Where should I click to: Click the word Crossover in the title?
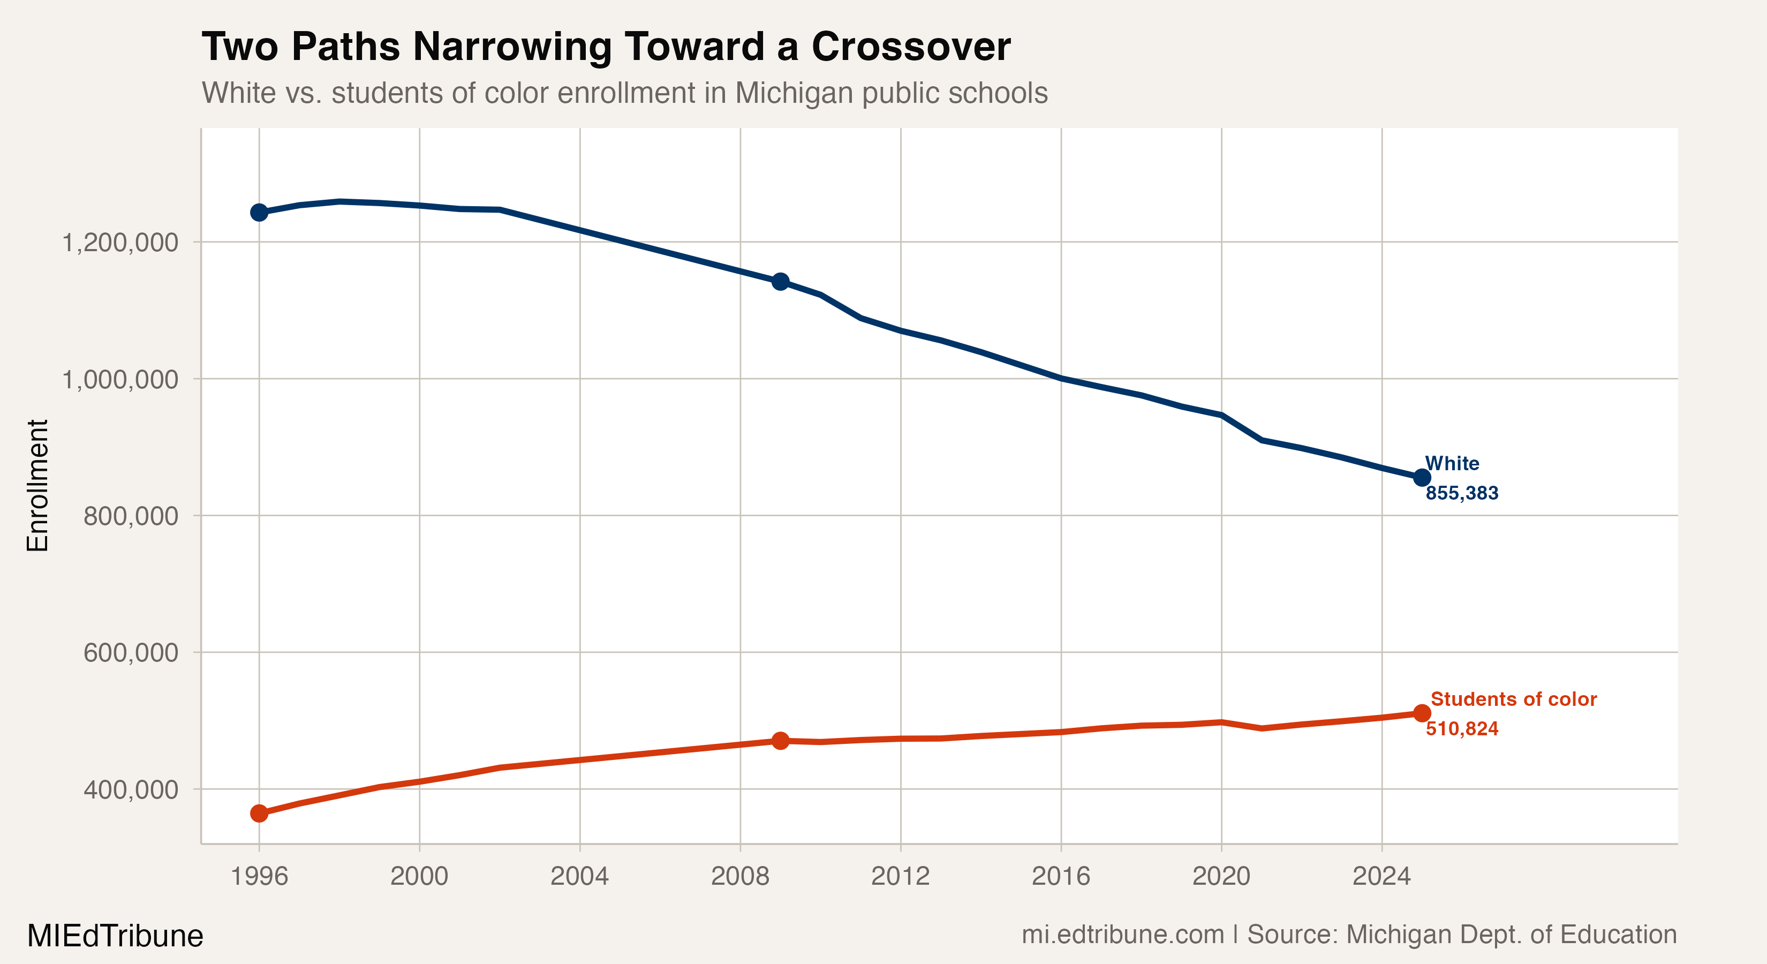click(x=910, y=47)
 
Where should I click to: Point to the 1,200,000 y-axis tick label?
click(x=119, y=243)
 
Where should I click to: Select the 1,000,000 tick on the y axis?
click(x=119, y=379)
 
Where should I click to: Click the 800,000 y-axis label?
click(x=130, y=516)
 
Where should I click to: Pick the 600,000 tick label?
click(x=130, y=652)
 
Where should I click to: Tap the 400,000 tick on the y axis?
click(x=130, y=790)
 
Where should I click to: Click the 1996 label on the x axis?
click(x=259, y=876)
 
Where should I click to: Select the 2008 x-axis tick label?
click(x=740, y=876)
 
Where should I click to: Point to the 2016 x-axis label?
click(x=1061, y=876)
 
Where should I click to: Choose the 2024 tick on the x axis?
click(x=1381, y=876)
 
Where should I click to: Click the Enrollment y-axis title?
click(x=37, y=485)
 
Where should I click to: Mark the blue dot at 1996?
click(x=259, y=213)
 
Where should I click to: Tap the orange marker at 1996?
click(x=259, y=813)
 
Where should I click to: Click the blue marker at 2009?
click(x=780, y=281)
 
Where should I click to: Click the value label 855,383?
click(x=1462, y=493)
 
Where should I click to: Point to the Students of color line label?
click(x=1513, y=699)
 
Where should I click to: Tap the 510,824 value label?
click(x=1462, y=729)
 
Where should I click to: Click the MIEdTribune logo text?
click(x=115, y=936)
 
